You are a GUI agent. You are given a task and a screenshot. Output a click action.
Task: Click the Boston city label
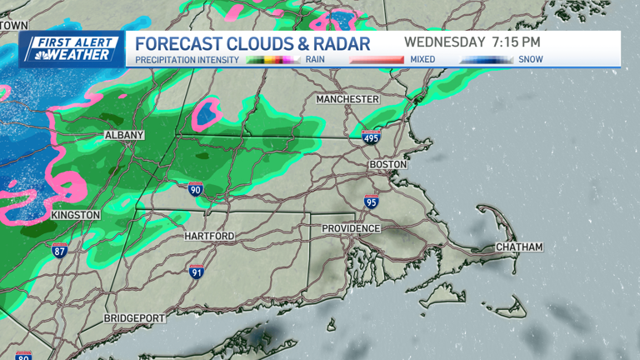(x=387, y=165)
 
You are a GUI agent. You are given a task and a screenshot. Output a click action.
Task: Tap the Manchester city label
(x=347, y=99)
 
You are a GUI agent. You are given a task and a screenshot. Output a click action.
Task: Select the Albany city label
(x=124, y=135)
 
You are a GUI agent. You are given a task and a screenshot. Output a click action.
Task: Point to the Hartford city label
(x=209, y=237)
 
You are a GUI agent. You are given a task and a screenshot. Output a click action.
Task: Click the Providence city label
(x=352, y=228)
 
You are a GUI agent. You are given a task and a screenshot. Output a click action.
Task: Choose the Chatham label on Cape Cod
(x=519, y=247)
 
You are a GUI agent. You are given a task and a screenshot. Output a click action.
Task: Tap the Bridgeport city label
(x=135, y=319)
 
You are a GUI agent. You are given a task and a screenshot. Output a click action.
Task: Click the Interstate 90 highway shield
(x=195, y=190)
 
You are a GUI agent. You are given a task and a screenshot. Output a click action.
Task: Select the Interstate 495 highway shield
(x=371, y=137)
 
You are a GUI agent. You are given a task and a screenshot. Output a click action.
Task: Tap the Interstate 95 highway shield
(x=371, y=201)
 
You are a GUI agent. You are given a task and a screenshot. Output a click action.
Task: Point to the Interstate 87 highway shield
(x=59, y=251)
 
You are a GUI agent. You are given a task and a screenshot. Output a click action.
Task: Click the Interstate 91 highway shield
(x=197, y=271)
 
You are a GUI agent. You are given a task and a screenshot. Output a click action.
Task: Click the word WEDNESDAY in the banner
(x=445, y=42)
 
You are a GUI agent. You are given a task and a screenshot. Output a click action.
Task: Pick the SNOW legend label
(x=530, y=60)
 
